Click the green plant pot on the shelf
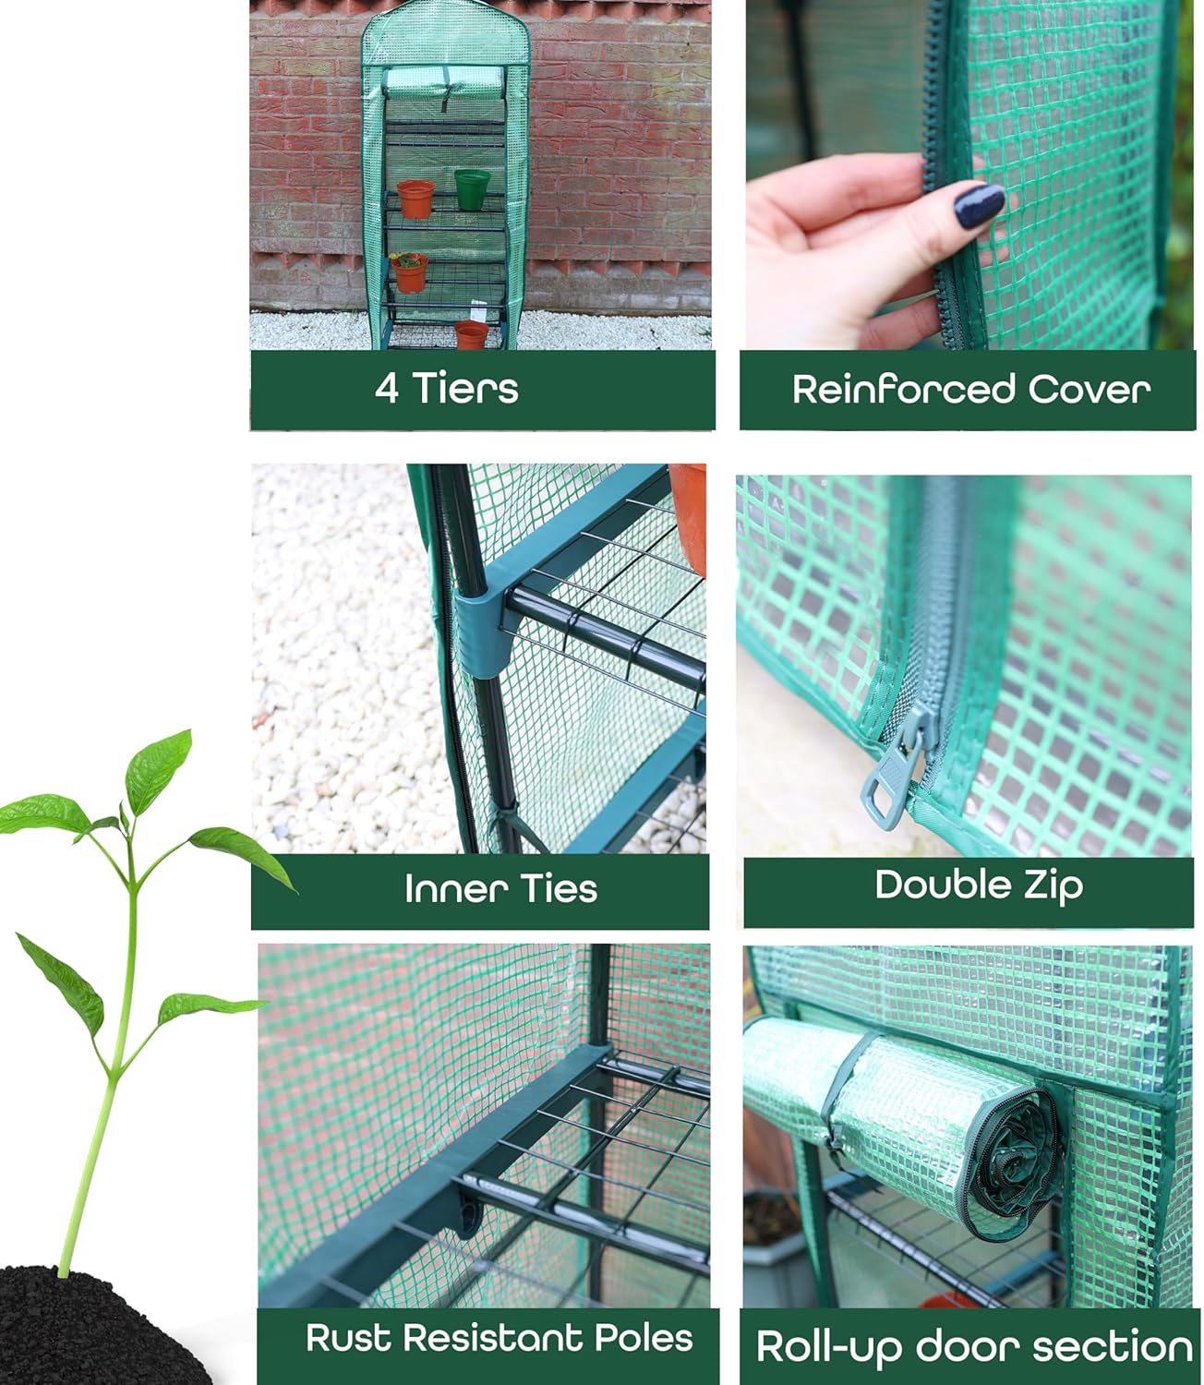472,188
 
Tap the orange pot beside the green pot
415,199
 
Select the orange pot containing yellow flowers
409,272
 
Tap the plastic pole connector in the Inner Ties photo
480,631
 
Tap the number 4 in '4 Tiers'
387,389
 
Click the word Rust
348,1338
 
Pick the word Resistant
494,1338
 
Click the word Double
930,885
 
